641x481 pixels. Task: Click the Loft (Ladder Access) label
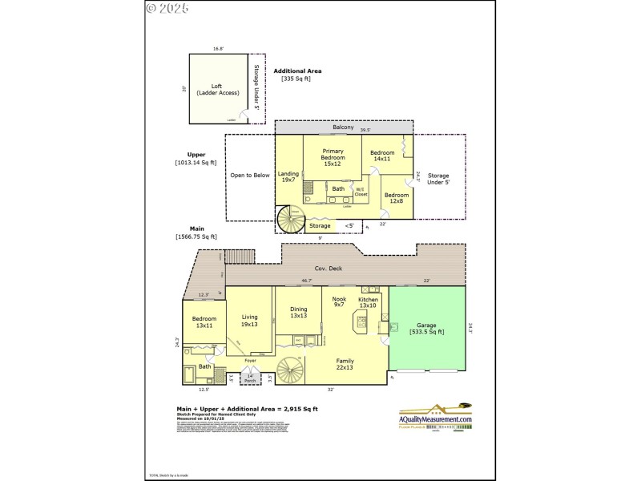pos(216,89)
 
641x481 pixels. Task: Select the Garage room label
pos(426,329)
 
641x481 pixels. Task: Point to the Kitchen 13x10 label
pos(368,302)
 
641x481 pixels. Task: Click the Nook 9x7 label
pos(338,302)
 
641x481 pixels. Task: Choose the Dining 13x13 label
pos(298,312)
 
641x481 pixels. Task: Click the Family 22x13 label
pos(344,364)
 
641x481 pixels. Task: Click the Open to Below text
pos(250,175)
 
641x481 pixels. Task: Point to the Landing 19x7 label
pos(288,176)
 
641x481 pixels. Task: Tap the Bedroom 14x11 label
pos(382,156)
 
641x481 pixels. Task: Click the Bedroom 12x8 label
pos(395,197)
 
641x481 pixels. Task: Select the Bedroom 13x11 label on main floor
pos(204,322)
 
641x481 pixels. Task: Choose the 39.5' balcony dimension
pos(365,129)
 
